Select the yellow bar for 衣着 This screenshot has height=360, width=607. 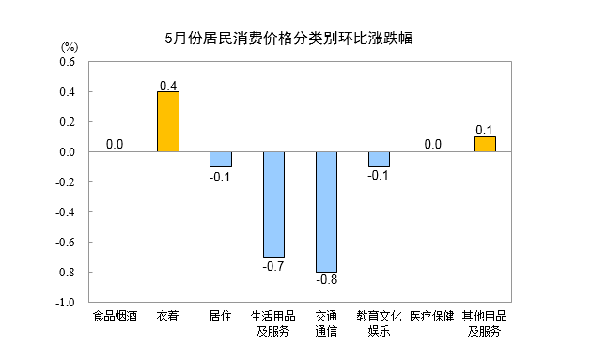click(x=168, y=121)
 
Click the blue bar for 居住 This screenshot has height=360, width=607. click(x=221, y=159)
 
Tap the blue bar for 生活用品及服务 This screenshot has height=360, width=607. click(x=273, y=204)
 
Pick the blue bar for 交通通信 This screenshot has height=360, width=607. click(x=327, y=211)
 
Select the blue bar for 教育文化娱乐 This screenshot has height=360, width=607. click(x=380, y=159)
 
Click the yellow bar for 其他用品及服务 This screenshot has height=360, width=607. click(x=485, y=144)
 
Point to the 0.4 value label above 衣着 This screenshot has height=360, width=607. click(x=168, y=86)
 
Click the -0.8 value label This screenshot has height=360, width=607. click(x=327, y=279)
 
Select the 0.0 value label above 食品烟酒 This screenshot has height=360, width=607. click(x=115, y=144)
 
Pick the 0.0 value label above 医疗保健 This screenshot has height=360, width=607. click(x=432, y=144)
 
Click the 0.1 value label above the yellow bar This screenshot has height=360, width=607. click(x=485, y=130)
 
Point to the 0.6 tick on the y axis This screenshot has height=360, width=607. click(x=67, y=62)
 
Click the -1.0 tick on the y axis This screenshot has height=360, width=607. click(x=65, y=303)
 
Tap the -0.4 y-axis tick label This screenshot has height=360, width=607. click(x=65, y=212)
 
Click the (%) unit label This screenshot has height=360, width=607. click(x=70, y=46)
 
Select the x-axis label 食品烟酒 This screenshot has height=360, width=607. click(x=115, y=316)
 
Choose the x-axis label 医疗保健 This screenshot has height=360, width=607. click(x=432, y=316)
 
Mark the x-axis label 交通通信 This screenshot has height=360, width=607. click(x=327, y=322)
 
